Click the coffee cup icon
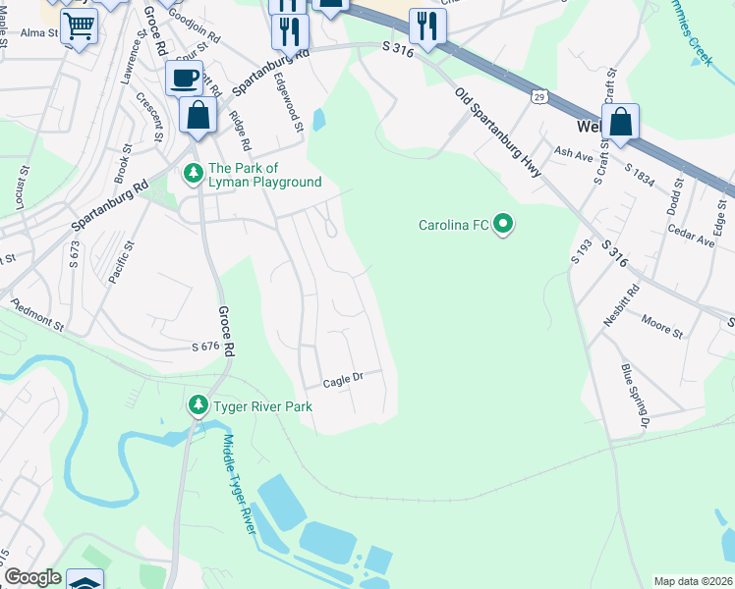(x=183, y=78)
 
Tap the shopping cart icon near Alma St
(x=78, y=25)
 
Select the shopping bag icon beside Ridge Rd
(x=198, y=115)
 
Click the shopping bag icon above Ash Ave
(x=620, y=123)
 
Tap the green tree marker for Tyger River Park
(x=198, y=405)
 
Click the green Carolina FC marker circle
(x=503, y=226)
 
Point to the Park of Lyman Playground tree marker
(x=194, y=174)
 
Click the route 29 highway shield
(x=539, y=96)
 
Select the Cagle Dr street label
(x=344, y=377)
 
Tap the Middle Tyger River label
(x=240, y=486)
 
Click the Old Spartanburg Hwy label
(x=498, y=133)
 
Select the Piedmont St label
(x=36, y=316)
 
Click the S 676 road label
(x=203, y=347)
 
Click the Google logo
(x=31, y=577)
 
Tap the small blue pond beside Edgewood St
(x=318, y=121)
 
